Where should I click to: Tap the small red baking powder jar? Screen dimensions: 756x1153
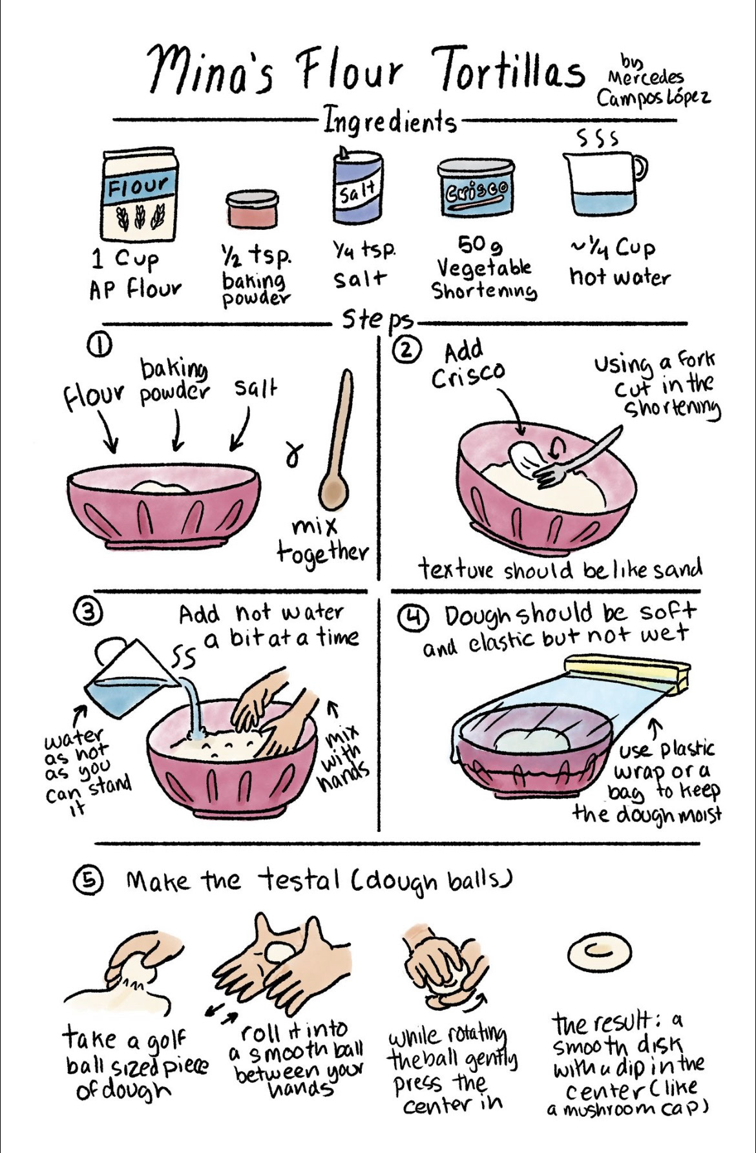click(x=252, y=209)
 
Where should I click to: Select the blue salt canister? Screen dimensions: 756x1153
click(x=357, y=185)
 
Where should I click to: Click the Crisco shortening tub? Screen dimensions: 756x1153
click(x=476, y=189)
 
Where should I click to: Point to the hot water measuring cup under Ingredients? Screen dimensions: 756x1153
click(x=603, y=184)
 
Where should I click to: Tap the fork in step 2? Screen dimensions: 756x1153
click(x=576, y=456)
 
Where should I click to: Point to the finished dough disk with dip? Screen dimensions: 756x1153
click(x=599, y=952)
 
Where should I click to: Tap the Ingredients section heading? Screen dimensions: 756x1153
click(x=390, y=120)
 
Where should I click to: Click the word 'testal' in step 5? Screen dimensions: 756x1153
click(x=299, y=879)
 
